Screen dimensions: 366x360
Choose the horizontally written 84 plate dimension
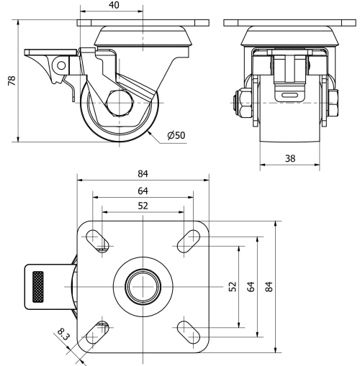tap(143, 173)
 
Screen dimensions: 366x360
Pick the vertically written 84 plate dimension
tap(271, 287)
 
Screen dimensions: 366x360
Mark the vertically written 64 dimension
tap(251, 287)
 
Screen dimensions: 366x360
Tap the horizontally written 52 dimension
tap(143, 206)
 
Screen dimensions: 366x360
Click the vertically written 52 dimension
tap(232, 287)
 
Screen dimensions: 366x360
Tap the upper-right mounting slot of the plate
tap(189, 240)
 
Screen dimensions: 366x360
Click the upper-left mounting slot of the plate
tap(97, 240)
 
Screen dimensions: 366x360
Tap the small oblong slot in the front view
tap(289, 95)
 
